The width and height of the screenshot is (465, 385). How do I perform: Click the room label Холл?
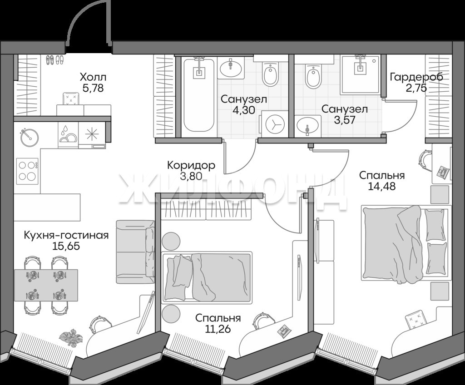click(93, 78)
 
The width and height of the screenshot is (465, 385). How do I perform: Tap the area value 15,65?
click(66, 246)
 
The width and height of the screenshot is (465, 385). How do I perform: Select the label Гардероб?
click(416, 77)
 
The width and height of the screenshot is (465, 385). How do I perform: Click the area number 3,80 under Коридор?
click(191, 177)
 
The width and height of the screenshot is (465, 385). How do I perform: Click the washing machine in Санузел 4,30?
click(275, 124)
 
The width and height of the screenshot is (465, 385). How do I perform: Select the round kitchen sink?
click(29, 137)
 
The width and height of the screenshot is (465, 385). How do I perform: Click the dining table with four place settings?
click(46, 285)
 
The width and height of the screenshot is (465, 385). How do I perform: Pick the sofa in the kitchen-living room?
click(135, 252)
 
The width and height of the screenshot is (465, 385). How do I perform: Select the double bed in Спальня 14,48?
click(405, 244)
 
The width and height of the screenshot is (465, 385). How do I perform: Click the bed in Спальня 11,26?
click(207, 277)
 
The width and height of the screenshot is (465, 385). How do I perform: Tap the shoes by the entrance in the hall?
click(55, 60)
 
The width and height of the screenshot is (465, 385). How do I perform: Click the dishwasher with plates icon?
click(68, 135)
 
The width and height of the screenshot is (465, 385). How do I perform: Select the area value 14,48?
click(381, 186)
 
